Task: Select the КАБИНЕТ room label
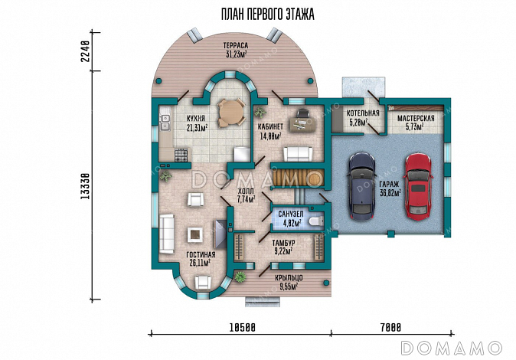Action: [x=270, y=126]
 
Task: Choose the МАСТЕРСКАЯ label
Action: [x=416, y=119]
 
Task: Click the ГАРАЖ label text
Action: [x=388, y=184]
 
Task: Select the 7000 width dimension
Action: [x=390, y=328]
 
